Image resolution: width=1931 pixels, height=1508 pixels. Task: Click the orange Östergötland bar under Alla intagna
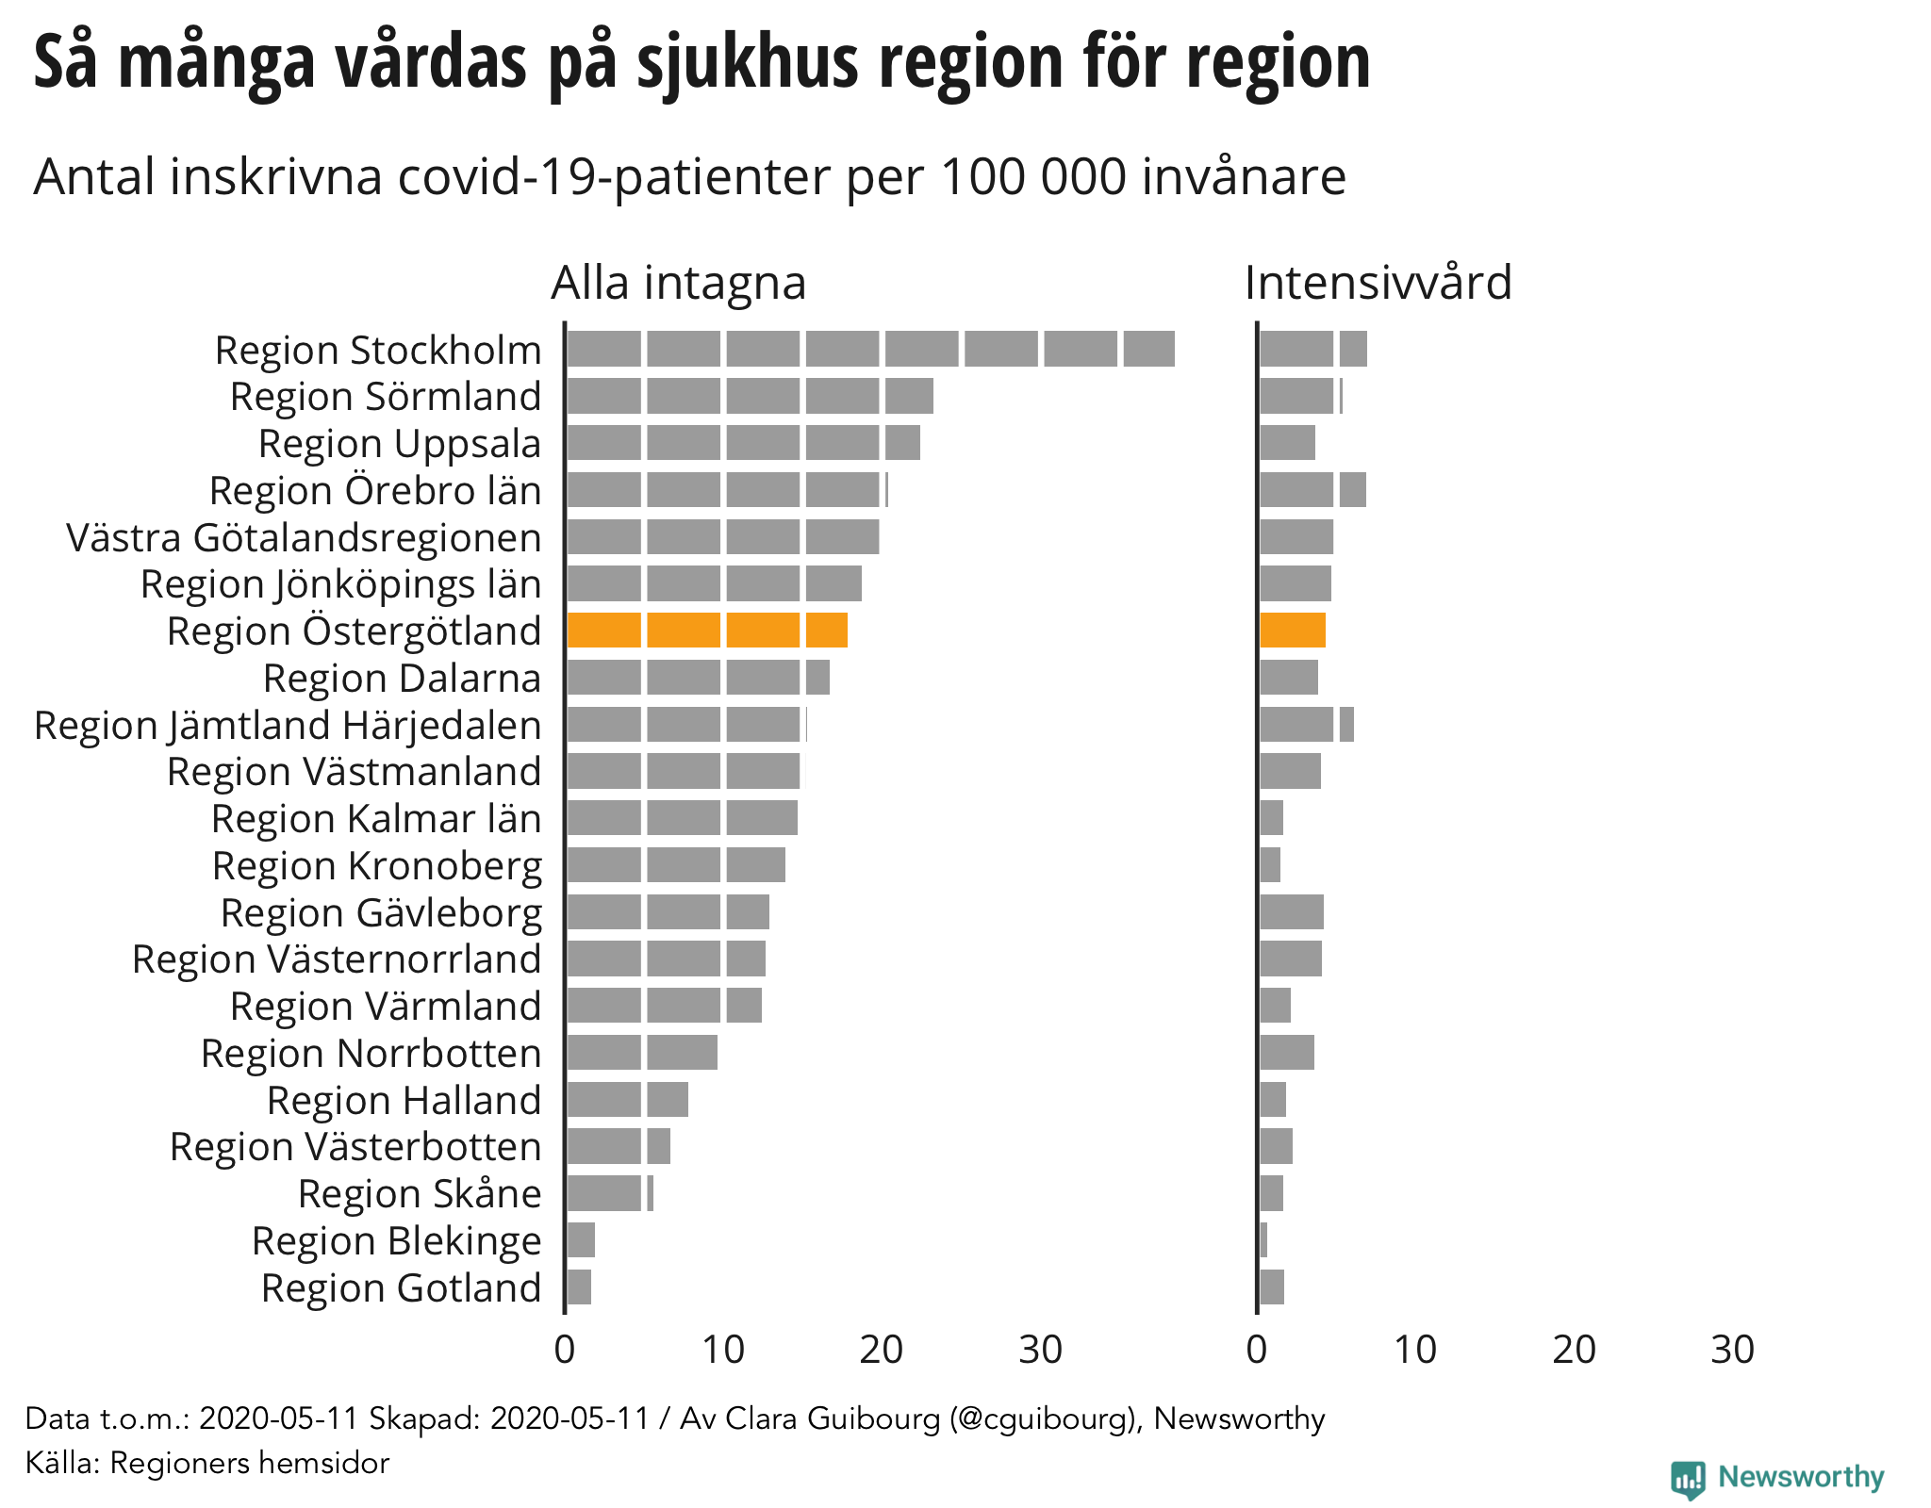(706, 631)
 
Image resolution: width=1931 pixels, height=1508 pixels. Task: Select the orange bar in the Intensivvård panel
(1292, 631)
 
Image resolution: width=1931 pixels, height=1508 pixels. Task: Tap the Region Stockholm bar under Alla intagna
(869, 349)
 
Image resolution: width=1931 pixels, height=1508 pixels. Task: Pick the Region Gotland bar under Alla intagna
(579, 1287)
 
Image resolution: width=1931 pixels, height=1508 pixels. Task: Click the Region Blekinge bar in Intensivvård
(1263, 1240)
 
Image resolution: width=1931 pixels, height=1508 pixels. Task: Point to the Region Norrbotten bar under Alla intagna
(641, 1053)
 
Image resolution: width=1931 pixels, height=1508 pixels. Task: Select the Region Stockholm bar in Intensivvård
(1312, 349)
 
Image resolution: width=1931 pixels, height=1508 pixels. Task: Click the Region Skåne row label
(420, 1194)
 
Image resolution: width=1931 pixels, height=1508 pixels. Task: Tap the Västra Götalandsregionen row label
(304, 538)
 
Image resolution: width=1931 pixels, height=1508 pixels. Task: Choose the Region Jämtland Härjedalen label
(288, 726)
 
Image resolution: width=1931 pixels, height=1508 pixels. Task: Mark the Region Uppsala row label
(400, 444)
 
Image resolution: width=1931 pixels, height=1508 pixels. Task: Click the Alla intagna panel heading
(678, 283)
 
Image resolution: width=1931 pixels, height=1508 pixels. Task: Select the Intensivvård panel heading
(1378, 283)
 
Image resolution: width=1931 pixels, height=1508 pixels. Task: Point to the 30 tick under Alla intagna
(1040, 1351)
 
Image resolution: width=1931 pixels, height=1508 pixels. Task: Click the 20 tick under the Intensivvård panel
(1574, 1351)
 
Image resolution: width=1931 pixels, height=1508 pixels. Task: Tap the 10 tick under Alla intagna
(722, 1351)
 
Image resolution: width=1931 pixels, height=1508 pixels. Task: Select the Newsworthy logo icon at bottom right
(1688, 1479)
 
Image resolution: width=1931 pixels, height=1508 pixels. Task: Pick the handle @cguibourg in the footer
(1043, 1418)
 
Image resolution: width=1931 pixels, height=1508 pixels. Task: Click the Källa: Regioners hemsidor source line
(207, 1463)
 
